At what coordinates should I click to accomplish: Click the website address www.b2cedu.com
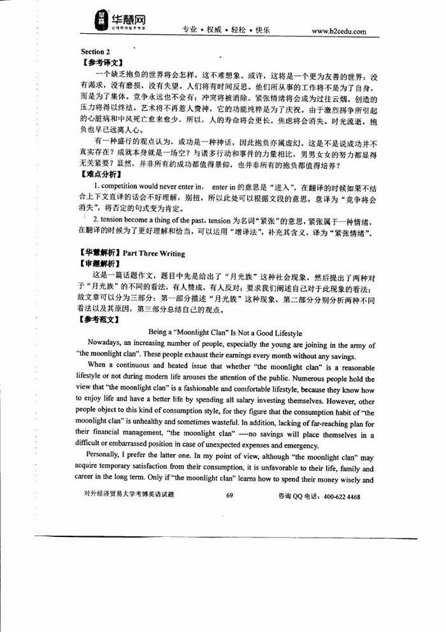[338, 31]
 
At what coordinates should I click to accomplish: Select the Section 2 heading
[96, 51]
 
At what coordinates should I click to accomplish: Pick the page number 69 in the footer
[230, 496]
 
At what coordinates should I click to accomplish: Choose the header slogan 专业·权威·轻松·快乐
[226, 31]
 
